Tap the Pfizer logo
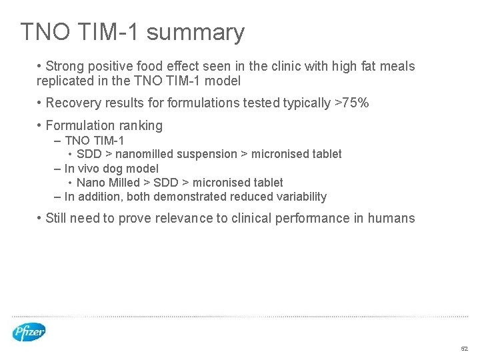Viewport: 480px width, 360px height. [29, 331]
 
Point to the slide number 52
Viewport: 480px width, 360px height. [464, 349]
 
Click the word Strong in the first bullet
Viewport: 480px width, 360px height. [64, 67]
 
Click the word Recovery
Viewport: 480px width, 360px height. [73, 103]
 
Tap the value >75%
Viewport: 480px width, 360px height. [351, 103]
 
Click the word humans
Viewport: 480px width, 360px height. [392, 218]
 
